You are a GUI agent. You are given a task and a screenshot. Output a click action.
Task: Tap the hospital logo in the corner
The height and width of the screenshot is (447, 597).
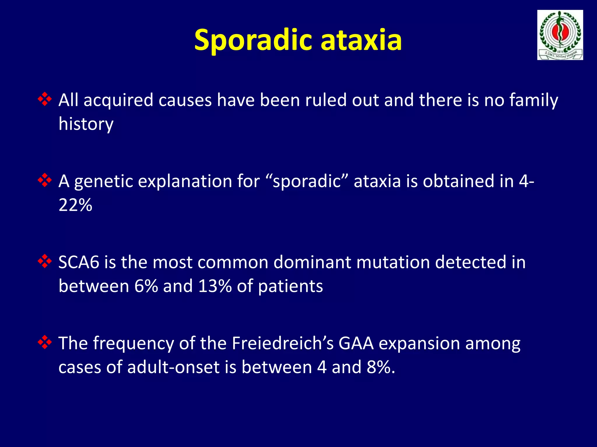click(560, 35)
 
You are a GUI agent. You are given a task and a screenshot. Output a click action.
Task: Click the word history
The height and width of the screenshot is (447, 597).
click(86, 124)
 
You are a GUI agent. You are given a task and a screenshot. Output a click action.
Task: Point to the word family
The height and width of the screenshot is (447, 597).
click(533, 100)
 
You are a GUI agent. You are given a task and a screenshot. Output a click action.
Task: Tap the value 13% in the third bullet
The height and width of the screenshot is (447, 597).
click(215, 286)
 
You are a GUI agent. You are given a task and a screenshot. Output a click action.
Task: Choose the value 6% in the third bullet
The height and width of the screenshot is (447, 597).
click(146, 286)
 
